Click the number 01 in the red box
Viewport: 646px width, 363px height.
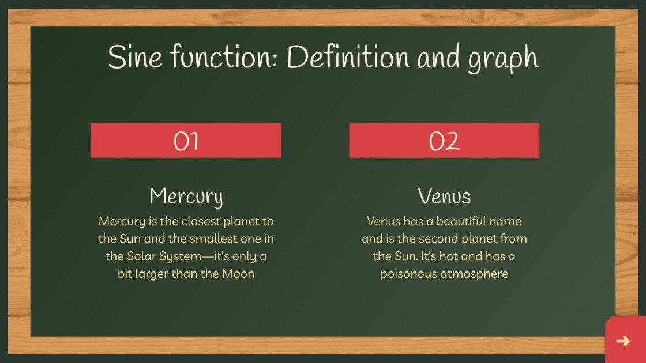tap(186, 141)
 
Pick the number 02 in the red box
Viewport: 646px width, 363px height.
tap(444, 141)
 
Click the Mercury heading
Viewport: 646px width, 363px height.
tap(186, 196)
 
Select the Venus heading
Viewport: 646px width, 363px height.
tap(444, 196)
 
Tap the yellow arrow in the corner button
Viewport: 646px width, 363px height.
tap(623, 341)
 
